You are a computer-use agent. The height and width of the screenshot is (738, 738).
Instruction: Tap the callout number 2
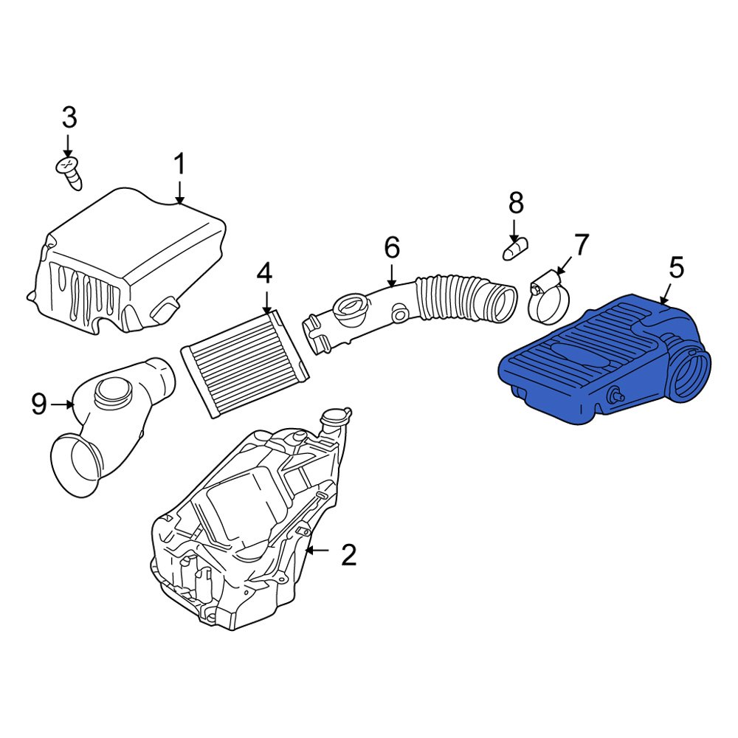pos(348,554)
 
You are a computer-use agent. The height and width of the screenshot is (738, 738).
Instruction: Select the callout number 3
pos(68,117)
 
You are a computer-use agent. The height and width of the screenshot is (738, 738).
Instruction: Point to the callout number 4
pos(264,274)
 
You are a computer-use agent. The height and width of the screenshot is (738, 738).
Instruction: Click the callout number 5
pos(676,267)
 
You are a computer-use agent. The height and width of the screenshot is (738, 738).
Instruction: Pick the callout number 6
pos(391,247)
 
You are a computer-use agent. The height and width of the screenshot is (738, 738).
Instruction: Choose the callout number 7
pos(582,244)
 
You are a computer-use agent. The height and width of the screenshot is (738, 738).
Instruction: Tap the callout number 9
pos(39,403)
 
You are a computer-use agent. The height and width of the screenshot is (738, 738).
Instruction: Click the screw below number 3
pos(69,171)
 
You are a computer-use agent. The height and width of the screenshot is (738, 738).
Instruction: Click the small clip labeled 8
pos(514,248)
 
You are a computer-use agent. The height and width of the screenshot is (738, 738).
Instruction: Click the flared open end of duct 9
pos(75,466)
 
